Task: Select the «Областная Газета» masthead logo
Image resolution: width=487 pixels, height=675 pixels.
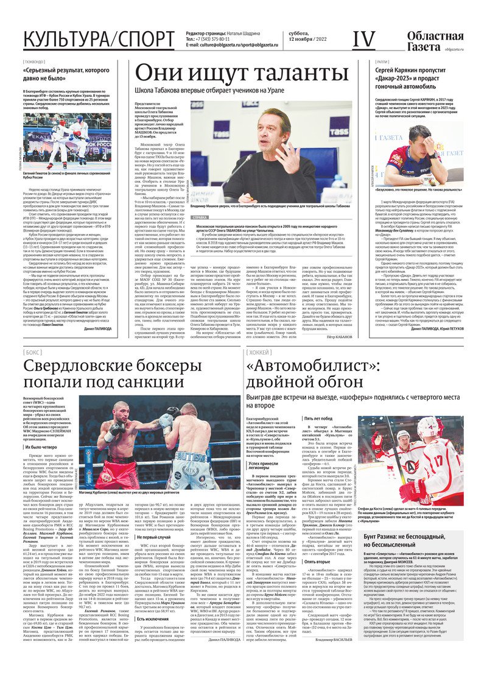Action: pos(432,41)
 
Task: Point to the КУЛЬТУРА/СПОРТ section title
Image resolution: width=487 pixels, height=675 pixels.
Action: pos(99,40)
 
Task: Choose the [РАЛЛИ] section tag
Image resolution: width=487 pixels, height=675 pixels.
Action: pos(382,62)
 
